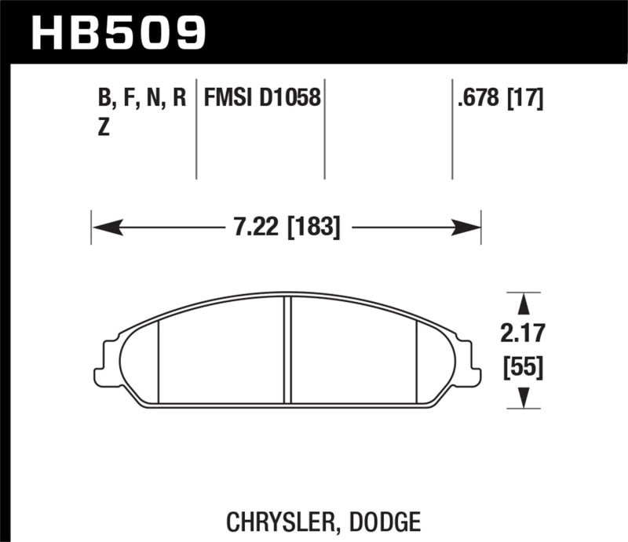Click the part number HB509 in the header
click(x=118, y=32)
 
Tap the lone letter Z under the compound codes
click(x=103, y=131)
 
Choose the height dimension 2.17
click(x=522, y=335)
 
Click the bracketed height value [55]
click(x=522, y=366)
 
